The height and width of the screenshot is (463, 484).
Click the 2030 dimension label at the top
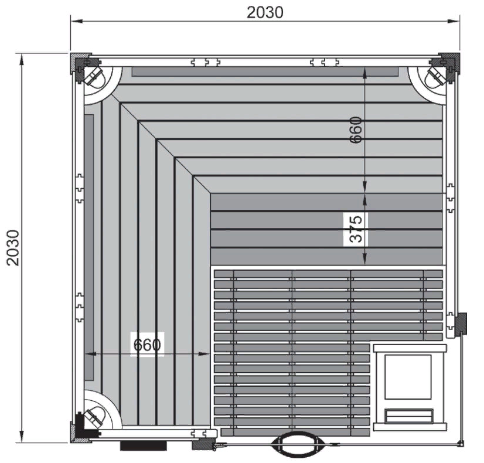click(265, 13)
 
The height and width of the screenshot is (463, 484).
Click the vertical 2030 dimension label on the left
click(13, 247)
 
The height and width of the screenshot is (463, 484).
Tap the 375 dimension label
click(356, 229)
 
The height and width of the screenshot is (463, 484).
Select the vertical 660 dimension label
click(356, 130)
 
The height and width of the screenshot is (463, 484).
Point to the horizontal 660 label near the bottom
click(147, 345)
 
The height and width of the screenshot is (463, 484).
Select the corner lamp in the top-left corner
click(93, 76)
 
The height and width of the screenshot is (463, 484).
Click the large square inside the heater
click(408, 377)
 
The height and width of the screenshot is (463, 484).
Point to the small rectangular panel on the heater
click(408, 416)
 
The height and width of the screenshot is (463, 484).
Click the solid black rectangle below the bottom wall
click(143, 446)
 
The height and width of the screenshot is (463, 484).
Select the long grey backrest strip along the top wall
click(265, 72)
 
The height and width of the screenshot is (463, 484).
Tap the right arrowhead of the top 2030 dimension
click(454, 21)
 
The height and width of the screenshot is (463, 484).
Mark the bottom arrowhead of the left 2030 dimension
click(21, 437)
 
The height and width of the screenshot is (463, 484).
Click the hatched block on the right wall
click(462, 324)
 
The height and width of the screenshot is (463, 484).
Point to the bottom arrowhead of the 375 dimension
click(364, 259)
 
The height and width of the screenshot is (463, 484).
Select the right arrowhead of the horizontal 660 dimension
click(204, 354)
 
